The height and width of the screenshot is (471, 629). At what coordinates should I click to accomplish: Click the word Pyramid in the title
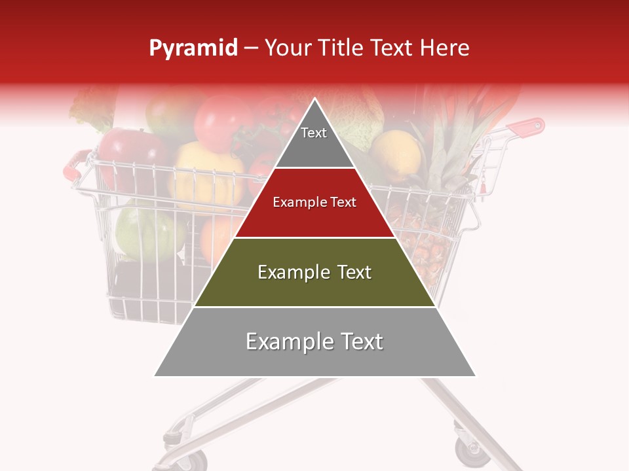(x=193, y=48)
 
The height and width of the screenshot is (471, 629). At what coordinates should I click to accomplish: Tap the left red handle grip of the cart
(x=73, y=164)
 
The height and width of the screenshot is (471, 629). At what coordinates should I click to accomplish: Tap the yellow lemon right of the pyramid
(x=397, y=154)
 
